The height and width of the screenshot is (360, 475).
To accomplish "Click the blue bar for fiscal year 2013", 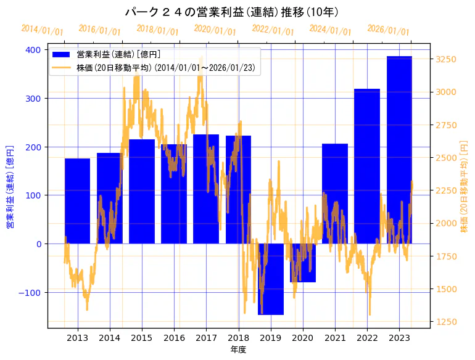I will [77, 201].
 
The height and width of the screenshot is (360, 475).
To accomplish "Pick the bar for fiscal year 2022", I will [367, 166].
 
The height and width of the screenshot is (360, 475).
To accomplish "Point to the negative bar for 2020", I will [303, 263].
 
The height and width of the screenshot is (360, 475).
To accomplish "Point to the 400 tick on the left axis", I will [32, 50].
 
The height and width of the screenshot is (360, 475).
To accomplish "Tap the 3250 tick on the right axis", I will [446, 59].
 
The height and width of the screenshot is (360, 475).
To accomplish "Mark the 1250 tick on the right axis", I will [446, 322].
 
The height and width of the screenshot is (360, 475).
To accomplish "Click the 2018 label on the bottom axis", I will [238, 338].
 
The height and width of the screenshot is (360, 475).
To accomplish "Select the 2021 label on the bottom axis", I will [335, 338].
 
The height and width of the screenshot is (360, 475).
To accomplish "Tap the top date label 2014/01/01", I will [42, 30].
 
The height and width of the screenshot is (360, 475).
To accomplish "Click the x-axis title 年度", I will [238, 350].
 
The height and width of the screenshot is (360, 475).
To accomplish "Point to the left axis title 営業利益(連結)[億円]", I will [10, 187].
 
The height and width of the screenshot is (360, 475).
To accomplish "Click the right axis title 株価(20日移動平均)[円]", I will [465, 186].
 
